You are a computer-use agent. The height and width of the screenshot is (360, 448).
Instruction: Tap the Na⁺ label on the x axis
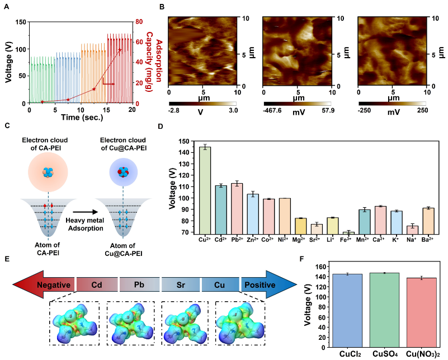412,240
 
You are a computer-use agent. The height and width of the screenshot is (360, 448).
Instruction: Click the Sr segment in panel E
181,285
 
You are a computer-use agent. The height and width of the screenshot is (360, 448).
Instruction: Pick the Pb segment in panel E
140,285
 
